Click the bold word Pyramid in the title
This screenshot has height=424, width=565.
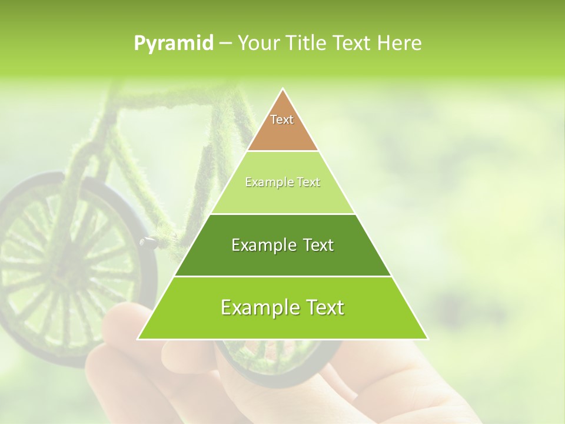tap(174, 44)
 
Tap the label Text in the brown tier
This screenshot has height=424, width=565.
tap(282, 120)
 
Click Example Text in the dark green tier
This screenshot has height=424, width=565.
tap(282, 245)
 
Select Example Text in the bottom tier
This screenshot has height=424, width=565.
tap(282, 307)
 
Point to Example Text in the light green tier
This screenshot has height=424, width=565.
tap(282, 183)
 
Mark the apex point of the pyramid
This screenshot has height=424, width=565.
tap(282, 90)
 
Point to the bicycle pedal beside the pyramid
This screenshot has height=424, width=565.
tap(148, 241)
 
